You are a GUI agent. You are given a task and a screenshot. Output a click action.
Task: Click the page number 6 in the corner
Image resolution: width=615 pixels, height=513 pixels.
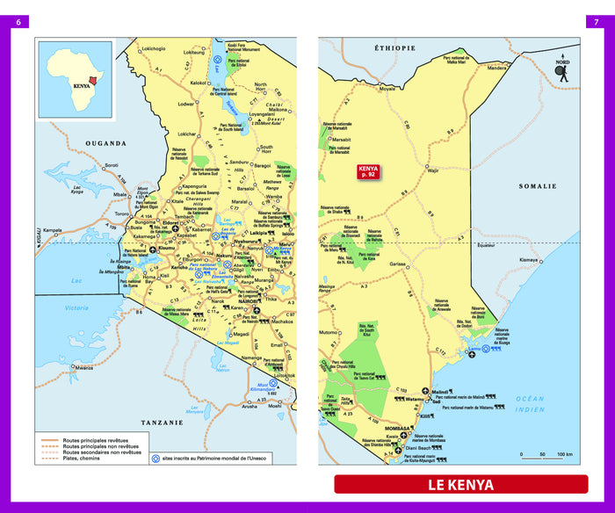point(18,22)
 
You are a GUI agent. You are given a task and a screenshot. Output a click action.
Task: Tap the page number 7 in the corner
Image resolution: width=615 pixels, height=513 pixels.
point(597,22)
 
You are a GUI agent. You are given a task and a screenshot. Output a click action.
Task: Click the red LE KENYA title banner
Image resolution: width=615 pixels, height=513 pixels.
point(460,484)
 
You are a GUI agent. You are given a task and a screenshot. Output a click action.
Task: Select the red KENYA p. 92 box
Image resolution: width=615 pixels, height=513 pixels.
point(367,172)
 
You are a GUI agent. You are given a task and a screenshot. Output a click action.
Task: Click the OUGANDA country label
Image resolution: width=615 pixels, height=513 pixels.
point(105,143)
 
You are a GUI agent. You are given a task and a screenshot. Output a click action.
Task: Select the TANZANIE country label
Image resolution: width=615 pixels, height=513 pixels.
point(161,423)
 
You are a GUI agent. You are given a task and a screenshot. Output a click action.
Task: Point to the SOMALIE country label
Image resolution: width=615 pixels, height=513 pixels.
point(538,186)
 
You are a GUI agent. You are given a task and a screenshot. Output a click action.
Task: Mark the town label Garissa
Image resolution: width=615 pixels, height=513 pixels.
point(398,264)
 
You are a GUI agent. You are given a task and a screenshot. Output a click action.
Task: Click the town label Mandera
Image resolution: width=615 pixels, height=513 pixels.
point(496,67)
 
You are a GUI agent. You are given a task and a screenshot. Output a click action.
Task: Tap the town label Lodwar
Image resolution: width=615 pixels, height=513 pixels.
point(186,104)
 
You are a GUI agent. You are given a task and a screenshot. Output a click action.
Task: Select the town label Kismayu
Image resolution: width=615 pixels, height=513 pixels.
point(528,260)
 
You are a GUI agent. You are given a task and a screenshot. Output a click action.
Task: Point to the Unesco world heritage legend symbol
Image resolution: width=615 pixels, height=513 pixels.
point(156,457)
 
